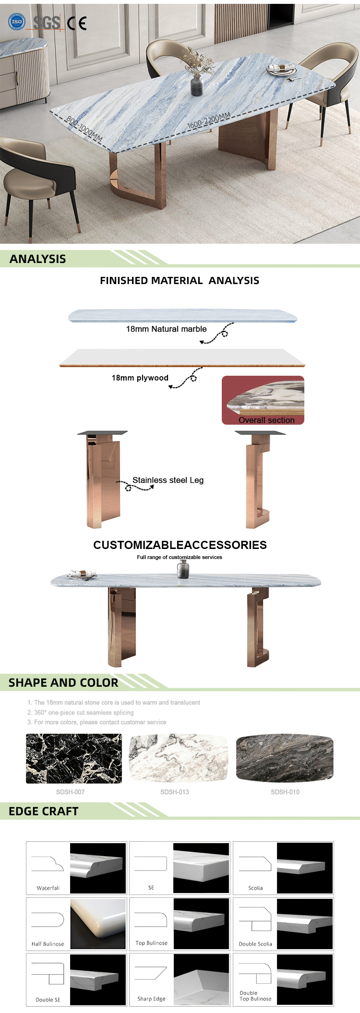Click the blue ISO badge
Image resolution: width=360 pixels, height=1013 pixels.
17,22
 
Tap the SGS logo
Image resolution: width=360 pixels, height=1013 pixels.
47,22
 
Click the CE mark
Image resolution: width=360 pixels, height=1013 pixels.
77,23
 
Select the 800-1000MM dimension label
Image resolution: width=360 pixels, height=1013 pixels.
84,129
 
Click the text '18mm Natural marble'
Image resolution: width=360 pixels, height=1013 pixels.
166,329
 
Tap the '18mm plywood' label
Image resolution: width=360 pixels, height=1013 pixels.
140,378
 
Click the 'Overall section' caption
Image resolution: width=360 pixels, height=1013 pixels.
266,420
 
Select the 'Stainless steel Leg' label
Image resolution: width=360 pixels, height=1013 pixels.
168,480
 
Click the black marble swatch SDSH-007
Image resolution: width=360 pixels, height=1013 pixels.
74,759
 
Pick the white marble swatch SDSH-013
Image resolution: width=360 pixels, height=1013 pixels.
179,758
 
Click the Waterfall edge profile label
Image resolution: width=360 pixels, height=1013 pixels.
48,888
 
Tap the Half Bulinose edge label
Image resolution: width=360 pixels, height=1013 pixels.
48,944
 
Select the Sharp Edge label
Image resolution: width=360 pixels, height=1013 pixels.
151,999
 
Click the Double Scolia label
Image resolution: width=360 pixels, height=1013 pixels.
255,944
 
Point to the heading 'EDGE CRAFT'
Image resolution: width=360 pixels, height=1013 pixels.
44,811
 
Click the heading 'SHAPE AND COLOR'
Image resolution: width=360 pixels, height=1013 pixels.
63,683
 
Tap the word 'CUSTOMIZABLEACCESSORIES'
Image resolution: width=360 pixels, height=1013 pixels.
180,545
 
